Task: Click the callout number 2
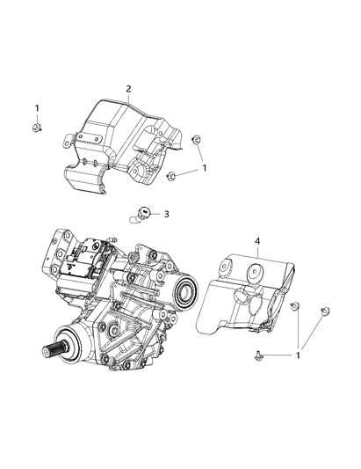[x=128, y=89]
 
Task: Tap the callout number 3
[x=166, y=213]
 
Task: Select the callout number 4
[x=257, y=240]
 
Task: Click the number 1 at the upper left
[x=37, y=108]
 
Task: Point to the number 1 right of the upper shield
[x=205, y=167]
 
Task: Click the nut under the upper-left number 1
[x=37, y=129]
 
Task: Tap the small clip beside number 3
[x=142, y=211]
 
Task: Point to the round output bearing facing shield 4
[x=185, y=292]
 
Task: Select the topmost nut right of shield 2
[x=198, y=138]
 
